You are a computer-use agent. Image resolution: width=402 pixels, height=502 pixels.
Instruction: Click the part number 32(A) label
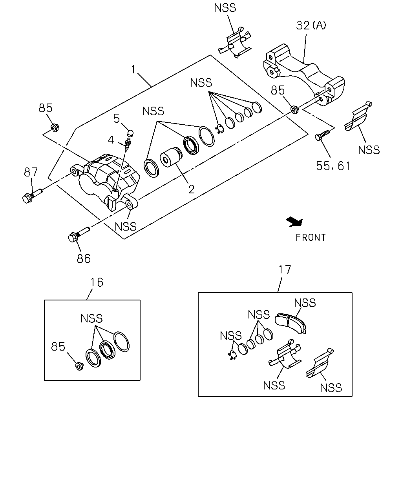point(311,25)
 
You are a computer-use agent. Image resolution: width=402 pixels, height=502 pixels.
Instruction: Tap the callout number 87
point(31,172)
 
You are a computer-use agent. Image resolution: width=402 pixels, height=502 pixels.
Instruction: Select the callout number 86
point(84,258)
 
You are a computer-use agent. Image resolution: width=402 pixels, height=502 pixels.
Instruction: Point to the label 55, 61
point(333,166)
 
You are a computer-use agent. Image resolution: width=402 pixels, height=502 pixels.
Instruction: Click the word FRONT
point(311,238)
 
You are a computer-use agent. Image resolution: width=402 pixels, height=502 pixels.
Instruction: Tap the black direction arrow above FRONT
point(295,222)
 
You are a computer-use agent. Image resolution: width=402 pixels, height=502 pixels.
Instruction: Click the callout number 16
point(97,282)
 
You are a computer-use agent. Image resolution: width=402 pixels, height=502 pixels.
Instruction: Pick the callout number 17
point(285,269)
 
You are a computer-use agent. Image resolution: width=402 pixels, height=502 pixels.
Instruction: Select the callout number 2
point(191,189)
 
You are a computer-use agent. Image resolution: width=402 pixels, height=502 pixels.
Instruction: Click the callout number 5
point(116,118)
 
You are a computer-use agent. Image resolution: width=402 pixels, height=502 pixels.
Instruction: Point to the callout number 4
point(111,140)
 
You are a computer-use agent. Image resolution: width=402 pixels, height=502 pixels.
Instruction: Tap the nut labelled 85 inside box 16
point(80,366)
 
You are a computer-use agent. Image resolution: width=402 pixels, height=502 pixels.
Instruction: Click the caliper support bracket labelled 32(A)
point(304,75)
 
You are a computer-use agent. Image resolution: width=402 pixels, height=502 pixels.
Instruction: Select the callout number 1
point(133,69)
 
